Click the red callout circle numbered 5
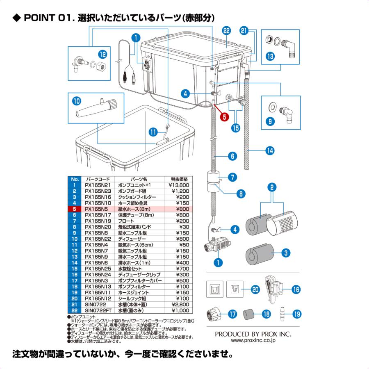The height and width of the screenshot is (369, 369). [x=224, y=116]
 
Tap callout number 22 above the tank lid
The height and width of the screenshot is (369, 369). [x=226, y=31]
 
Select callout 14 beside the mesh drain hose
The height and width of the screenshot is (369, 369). [x=269, y=150]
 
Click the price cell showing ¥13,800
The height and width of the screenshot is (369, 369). [x=179, y=185]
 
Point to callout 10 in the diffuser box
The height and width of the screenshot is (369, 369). [x=77, y=100]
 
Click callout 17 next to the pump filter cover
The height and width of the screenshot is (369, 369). [x=232, y=314]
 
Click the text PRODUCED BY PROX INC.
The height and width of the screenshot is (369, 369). [x=253, y=334]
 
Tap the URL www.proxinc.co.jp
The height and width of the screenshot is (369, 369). [x=253, y=341]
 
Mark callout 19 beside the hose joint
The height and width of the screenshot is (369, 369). [x=297, y=314]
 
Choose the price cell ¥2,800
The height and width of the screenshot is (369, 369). [x=179, y=305]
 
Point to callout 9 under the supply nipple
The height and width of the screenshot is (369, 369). [x=271, y=122]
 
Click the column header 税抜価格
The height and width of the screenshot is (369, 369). [x=179, y=180]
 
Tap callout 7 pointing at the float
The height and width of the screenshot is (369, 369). [x=232, y=178]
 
